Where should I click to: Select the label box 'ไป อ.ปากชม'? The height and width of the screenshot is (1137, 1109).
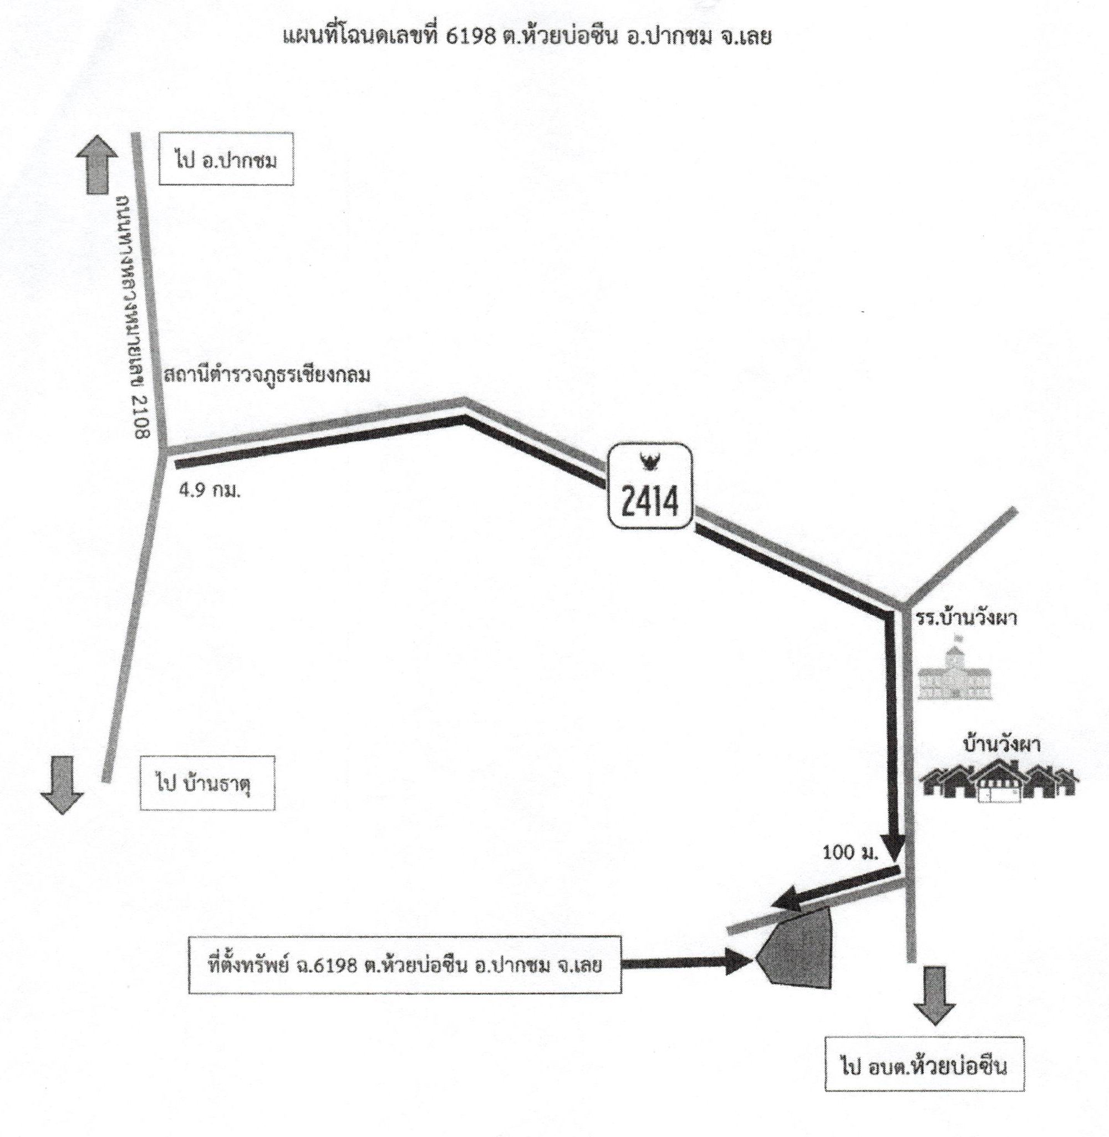226,160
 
